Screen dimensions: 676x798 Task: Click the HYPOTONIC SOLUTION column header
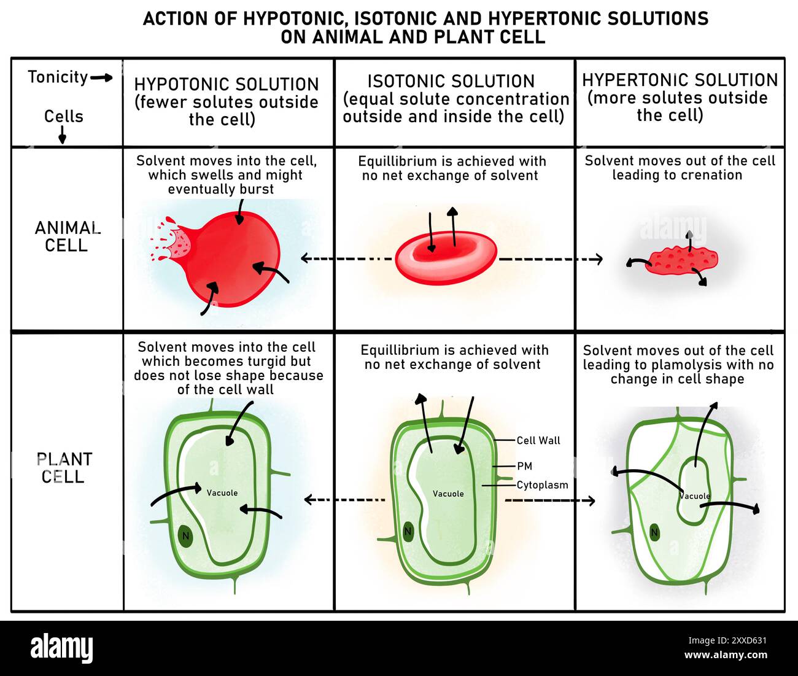pyautogui.click(x=227, y=85)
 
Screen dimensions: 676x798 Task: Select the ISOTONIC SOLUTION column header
pyautogui.click(x=451, y=82)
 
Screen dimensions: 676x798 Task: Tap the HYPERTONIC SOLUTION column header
pyautogui.click(x=680, y=80)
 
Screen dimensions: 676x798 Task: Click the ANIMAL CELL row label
pyautogui.click(x=67, y=236)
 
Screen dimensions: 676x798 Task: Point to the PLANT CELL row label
pyautogui.click(x=64, y=468)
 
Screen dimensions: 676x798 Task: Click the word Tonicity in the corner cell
pyautogui.click(x=58, y=77)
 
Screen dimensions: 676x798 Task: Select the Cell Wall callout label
pyautogui.click(x=538, y=440)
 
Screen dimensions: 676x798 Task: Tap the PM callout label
pyautogui.click(x=524, y=466)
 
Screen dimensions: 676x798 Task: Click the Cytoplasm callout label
pyautogui.click(x=542, y=485)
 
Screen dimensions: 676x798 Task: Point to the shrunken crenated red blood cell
pyautogui.click(x=681, y=260)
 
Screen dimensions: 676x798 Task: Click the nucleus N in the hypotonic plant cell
pyautogui.click(x=185, y=536)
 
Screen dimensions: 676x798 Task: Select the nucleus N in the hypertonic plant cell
pyautogui.click(x=654, y=532)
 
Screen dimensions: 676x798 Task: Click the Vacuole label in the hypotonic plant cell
pyautogui.click(x=222, y=493)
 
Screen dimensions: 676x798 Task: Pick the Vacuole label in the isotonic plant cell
pyautogui.click(x=448, y=494)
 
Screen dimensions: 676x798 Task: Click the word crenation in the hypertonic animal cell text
pyautogui.click(x=714, y=176)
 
